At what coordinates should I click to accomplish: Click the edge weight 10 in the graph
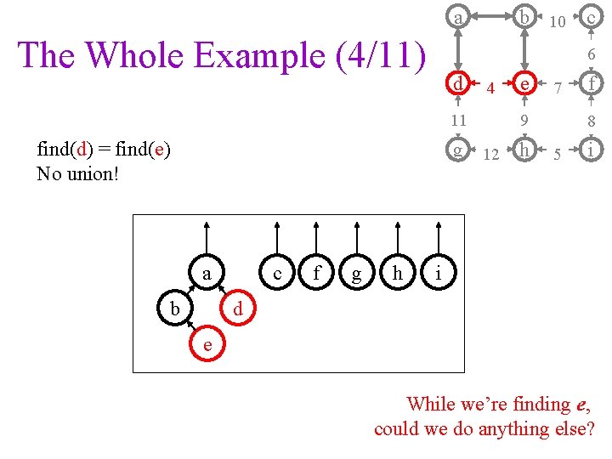point(558,21)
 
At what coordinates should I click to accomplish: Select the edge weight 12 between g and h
point(490,156)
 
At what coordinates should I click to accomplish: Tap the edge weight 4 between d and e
point(490,88)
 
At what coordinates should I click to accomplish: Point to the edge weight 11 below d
point(458,121)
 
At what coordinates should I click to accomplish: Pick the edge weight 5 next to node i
point(557,156)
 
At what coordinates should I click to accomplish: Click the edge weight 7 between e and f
point(557,88)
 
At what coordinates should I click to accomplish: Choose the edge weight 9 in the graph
point(525,121)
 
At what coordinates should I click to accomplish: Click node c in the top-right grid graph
point(591,17)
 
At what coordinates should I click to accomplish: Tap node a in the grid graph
point(458,17)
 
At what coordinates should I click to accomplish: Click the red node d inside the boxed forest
point(239,309)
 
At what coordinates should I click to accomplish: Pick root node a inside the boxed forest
point(207,274)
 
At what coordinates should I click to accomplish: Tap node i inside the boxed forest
point(438,274)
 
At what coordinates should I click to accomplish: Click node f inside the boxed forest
point(316,274)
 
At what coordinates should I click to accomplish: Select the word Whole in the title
point(138,55)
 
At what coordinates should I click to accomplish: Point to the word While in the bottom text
point(433,404)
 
